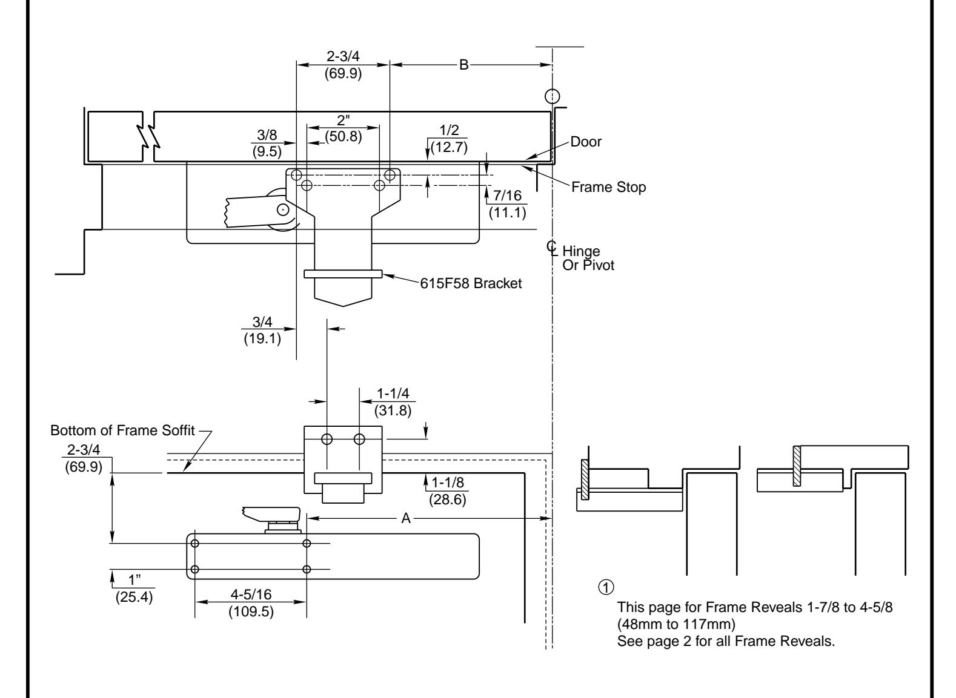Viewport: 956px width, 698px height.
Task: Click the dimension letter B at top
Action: point(463,65)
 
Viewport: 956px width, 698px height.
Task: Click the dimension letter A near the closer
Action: point(406,518)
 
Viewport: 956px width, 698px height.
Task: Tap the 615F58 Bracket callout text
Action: point(471,283)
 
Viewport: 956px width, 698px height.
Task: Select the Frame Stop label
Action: point(608,186)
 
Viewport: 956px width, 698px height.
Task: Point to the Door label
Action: point(586,142)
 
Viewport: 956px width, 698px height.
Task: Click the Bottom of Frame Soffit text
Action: point(122,430)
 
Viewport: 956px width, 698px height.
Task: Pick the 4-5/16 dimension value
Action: point(251,594)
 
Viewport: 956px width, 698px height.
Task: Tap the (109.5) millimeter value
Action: point(251,611)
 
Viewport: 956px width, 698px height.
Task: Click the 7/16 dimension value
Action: point(508,196)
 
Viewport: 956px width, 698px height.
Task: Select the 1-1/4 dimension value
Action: point(393,393)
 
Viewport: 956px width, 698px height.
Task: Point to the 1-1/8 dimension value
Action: point(447,482)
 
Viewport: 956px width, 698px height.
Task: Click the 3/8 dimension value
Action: point(267,135)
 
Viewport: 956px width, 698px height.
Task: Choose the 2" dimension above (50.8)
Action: point(343,120)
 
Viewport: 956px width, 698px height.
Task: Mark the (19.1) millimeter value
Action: point(262,338)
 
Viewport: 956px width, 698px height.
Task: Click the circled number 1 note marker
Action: point(606,587)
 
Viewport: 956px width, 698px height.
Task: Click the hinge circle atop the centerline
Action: point(553,96)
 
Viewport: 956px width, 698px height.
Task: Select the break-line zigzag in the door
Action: point(148,136)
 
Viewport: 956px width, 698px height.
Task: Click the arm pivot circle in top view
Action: point(282,210)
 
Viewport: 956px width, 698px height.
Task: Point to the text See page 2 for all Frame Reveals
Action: point(726,641)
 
